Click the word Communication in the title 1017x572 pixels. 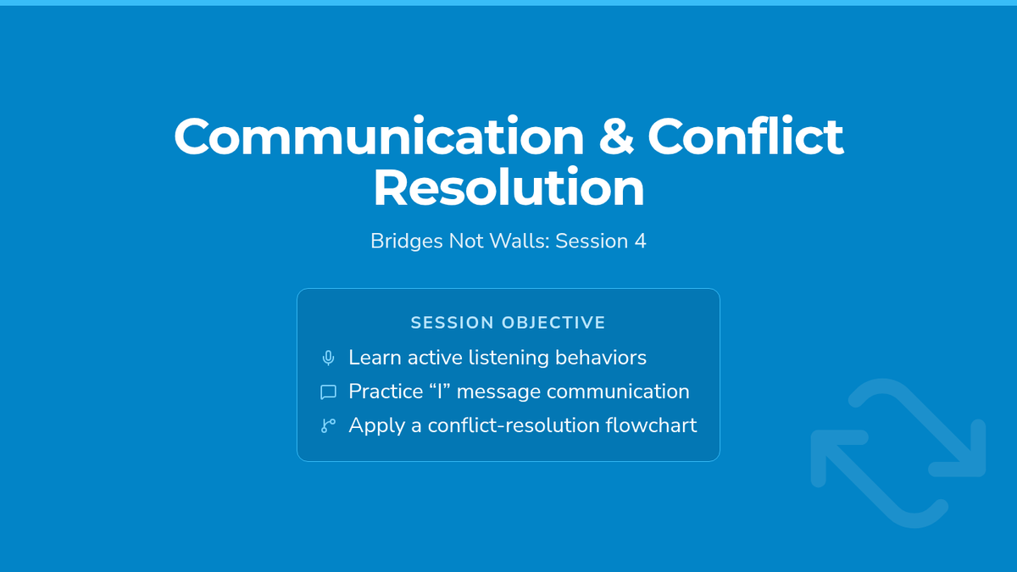point(379,136)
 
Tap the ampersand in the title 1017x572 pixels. point(615,136)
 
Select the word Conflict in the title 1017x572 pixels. point(746,136)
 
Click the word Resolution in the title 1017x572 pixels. point(508,187)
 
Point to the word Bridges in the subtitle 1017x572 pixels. point(407,242)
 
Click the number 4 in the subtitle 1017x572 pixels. point(640,241)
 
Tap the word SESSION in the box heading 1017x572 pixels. point(453,323)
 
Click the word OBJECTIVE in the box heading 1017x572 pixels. point(554,323)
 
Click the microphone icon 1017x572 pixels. point(328,358)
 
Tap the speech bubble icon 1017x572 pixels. point(328,392)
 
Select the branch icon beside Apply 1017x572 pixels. point(328,425)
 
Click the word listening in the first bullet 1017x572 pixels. point(508,358)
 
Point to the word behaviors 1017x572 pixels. point(601,358)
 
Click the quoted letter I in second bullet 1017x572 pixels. point(440,392)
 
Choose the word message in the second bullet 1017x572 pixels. point(498,392)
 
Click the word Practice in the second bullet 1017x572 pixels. point(386,392)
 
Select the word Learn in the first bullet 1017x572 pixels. point(375,358)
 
